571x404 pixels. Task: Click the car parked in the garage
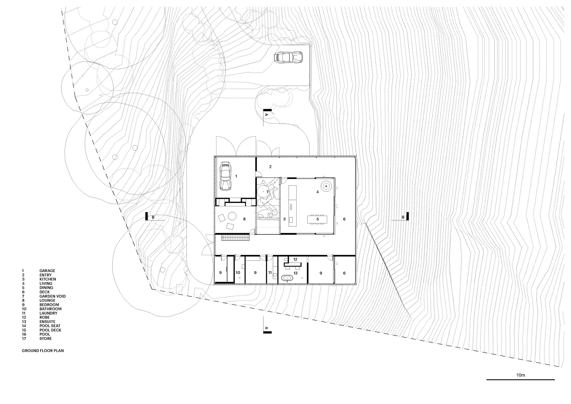225,176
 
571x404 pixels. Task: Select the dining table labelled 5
317,219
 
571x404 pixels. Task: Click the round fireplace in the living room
325,187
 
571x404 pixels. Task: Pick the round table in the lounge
232,216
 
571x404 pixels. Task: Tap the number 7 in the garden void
268,192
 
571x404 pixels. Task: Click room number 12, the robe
295,259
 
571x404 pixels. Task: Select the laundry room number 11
270,273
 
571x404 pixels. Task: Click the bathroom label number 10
238,273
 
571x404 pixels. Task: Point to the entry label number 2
270,167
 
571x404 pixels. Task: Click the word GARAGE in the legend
47,271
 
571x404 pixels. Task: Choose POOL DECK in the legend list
51,330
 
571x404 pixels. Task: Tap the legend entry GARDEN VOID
53,296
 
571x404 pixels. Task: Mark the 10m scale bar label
520,375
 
